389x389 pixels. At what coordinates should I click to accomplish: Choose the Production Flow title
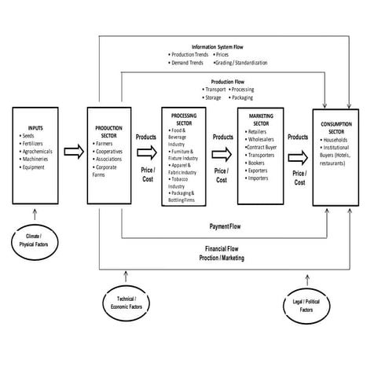[x=228, y=81]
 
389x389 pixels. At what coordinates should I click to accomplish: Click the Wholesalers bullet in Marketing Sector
[x=263, y=139]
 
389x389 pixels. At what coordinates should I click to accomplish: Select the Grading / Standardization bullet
[x=239, y=61]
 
